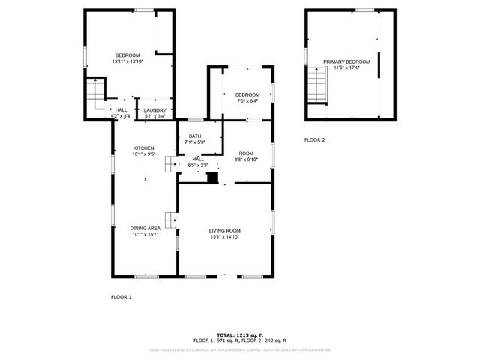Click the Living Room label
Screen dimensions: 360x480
225,230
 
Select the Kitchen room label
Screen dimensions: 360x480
144,148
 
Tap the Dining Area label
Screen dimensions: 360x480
145,228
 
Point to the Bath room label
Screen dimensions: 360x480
194,136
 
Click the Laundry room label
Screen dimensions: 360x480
155,110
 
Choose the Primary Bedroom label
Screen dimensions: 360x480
346,61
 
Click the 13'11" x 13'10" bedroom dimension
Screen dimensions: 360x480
127,61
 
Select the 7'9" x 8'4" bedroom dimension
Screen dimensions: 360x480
247,100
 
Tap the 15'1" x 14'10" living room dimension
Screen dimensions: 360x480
225,237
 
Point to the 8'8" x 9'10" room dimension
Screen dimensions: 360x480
245,160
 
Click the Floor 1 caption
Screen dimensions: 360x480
121,297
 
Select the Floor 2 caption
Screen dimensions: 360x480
314,140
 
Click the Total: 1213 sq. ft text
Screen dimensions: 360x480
239,334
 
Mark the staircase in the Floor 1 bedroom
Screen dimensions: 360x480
94,93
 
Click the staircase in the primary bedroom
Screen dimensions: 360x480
316,84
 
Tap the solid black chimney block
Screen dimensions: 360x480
213,178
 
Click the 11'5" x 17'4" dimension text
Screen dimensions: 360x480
346,68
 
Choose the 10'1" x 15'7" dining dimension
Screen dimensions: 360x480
145,235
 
